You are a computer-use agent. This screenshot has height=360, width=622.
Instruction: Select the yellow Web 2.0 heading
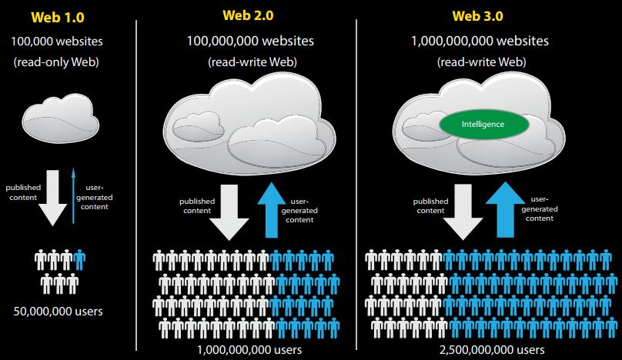(248, 15)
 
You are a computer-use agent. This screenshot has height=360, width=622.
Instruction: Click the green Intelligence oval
(483, 123)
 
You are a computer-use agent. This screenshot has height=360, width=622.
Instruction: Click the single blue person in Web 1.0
(81, 259)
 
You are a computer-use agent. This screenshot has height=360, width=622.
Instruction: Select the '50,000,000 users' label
(59, 312)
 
